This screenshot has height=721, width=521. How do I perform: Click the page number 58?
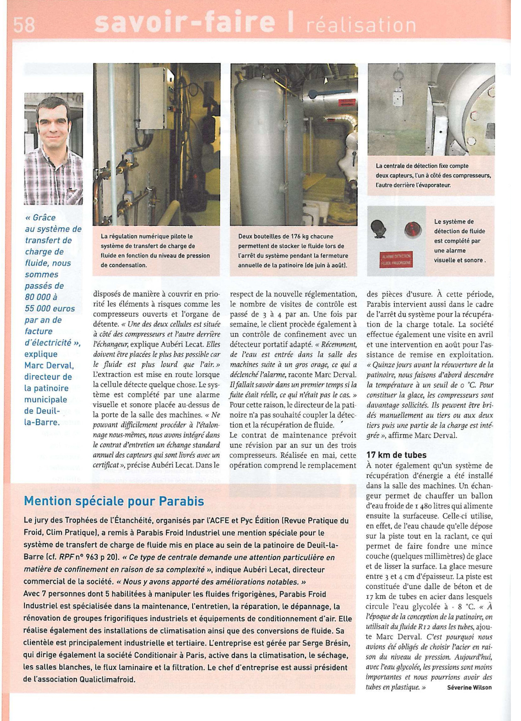coord(24,24)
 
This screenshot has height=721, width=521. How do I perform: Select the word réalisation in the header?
coord(361,25)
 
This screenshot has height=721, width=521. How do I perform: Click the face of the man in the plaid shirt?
coord(53,124)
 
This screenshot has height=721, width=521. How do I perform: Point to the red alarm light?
coord(413,229)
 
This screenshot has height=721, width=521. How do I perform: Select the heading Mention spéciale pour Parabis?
coord(114,501)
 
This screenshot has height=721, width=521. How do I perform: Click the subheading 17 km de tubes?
coord(396,455)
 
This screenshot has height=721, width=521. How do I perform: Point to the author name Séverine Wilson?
coord(469,687)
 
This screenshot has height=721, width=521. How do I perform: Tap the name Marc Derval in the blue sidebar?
coord(49,365)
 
